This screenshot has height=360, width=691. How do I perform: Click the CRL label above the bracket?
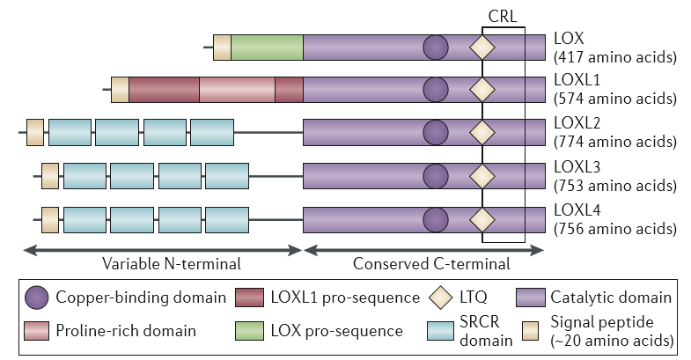coord(503,17)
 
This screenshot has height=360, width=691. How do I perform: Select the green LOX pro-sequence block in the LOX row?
coord(267,48)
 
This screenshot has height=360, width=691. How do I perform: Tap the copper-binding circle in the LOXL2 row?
coord(436,132)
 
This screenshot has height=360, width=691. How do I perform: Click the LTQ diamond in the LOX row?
coord(482,48)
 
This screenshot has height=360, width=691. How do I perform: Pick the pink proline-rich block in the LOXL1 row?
coord(237,90)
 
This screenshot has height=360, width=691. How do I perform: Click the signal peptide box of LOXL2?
coord(35,132)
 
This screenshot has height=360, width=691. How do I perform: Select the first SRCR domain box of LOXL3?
coord(85,176)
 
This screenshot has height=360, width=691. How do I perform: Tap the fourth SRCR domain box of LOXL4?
coord(227,219)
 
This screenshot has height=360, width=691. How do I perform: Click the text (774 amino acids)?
coord(615,142)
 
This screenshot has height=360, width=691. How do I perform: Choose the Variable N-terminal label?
coord(172,263)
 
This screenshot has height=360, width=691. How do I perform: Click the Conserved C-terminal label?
coord(431,263)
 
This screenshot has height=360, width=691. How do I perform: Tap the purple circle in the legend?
coord(37,298)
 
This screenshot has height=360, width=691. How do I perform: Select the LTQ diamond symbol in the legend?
coord(441,298)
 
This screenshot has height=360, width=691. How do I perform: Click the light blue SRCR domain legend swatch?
coord(440,331)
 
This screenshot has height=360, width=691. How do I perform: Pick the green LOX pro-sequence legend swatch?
coord(249,331)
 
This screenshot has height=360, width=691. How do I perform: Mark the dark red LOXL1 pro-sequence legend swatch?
coord(249,298)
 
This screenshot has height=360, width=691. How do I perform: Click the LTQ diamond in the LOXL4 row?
coord(482,219)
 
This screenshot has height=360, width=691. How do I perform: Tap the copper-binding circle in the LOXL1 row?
coord(436,90)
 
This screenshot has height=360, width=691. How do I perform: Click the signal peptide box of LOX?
coord(222,48)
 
